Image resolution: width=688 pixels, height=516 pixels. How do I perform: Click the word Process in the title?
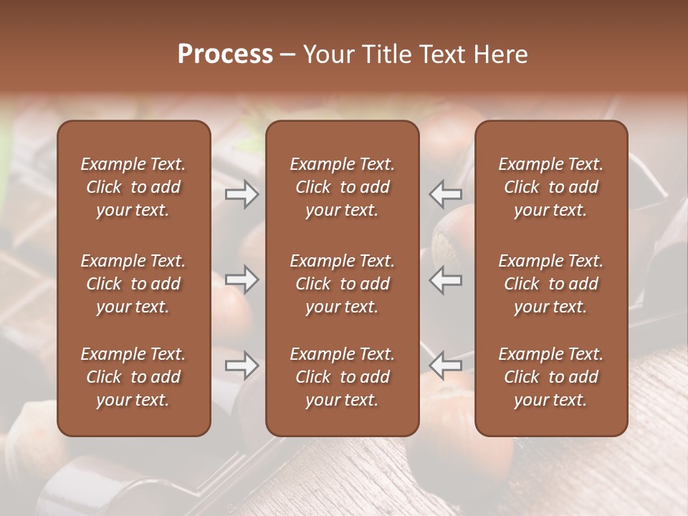point(225,54)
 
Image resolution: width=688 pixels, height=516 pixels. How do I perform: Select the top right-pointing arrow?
point(242,194)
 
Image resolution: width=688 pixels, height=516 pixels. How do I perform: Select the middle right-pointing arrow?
point(242,279)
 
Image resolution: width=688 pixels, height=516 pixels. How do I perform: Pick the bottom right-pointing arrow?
point(242,366)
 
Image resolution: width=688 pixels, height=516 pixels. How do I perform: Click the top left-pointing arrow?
point(446,194)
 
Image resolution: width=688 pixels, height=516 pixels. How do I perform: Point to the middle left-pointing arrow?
point(446,279)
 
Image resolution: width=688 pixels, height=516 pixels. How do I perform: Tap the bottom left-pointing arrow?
point(446,366)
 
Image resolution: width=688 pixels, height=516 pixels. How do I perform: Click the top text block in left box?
point(133,187)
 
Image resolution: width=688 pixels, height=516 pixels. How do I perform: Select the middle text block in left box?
point(133,284)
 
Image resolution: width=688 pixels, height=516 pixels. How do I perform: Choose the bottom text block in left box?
point(133,377)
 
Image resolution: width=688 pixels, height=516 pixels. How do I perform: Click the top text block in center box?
point(343,187)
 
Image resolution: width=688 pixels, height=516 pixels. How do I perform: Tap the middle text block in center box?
point(343,284)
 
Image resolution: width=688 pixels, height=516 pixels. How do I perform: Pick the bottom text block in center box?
point(343,377)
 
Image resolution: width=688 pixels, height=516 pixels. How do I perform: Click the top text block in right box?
point(551,187)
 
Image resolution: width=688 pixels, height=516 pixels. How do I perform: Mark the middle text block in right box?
point(551,284)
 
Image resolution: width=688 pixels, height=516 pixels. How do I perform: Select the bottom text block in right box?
point(551,377)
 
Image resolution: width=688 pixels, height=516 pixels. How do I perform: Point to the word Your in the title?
point(328,54)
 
